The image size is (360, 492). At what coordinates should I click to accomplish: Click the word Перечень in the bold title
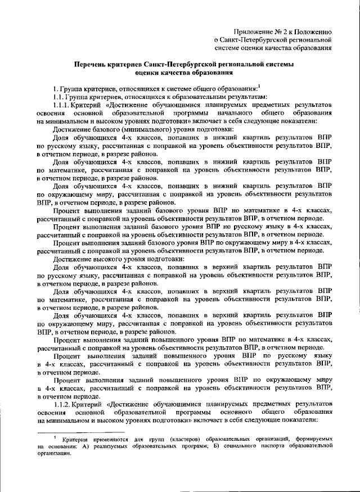click(x=93, y=65)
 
